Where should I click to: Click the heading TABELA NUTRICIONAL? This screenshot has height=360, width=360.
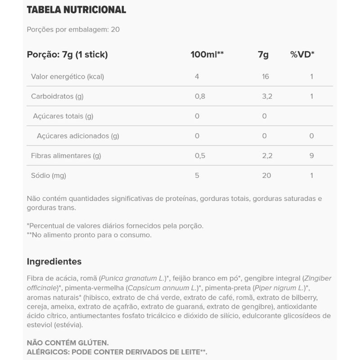[x=76, y=10]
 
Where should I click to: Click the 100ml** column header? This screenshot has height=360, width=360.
[x=207, y=55]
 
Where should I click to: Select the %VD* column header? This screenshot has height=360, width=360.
[x=302, y=55]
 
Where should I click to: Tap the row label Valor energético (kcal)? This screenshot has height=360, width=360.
[x=67, y=76]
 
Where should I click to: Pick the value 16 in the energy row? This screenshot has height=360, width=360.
[x=265, y=76]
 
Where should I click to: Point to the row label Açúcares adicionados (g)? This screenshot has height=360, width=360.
[x=78, y=136]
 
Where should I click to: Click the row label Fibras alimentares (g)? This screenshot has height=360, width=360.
[x=66, y=156]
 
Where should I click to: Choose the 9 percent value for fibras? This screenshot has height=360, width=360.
[x=311, y=156]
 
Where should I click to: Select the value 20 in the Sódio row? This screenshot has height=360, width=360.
[x=266, y=175]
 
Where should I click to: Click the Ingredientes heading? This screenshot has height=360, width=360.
[x=54, y=261]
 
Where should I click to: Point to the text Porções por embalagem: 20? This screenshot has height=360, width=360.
[x=73, y=30]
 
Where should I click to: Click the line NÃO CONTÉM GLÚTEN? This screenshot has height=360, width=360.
[x=68, y=342]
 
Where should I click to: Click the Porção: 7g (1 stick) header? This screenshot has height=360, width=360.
[x=67, y=55]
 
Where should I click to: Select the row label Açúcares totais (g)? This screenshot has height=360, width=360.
[x=63, y=116]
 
